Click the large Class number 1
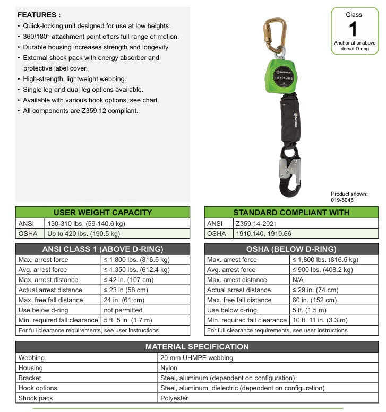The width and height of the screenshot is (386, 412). pyautogui.click(x=354, y=29)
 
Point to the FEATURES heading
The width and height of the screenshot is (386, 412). pyautogui.click(x=39, y=15)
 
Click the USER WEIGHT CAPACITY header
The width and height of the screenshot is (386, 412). pyautogui.click(x=102, y=212)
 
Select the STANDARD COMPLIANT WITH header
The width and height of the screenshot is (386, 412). pyautogui.click(x=291, y=212)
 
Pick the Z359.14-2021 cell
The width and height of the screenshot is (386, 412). pyautogui.click(x=261, y=223)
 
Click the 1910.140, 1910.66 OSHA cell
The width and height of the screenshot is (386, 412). pyautogui.click(x=263, y=233)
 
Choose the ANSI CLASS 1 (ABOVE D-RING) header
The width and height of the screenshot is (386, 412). pyautogui.click(x=102, y=249)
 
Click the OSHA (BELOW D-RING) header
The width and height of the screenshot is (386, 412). pyautogui.click(x=291, y=249)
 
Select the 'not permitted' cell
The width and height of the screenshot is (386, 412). pyautogui.click(x=123, y=310)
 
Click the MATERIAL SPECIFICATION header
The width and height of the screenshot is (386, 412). pyautogui.click(x=197, y=347)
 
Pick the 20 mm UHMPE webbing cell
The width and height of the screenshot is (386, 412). pyautogui.click(x=197, y=358)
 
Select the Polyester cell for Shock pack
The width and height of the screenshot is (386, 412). pyautogui.click(x=175, y=398)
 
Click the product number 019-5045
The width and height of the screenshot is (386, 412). pyautogui.click(x=342, y=200)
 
